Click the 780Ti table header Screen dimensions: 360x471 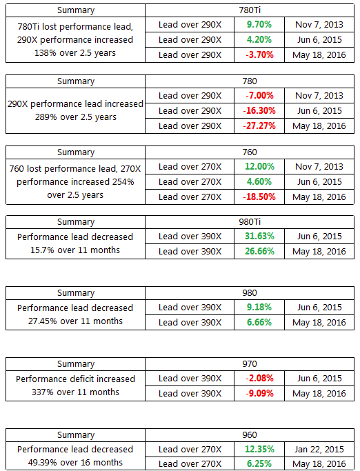click(250, 10)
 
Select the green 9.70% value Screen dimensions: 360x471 click(259, 25)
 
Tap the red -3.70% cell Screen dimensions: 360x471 click(259, 55)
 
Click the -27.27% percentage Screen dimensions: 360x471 click(259, 126)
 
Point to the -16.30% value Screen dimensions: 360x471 click(259, 111)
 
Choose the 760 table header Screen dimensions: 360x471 click(250, 152)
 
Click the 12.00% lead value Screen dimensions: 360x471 click(259, 167)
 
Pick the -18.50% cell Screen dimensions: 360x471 click(259, 197)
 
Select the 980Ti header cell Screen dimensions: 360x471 click(250, 222)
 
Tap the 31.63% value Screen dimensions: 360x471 click(259, 237)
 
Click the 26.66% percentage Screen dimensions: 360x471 click(259, 252)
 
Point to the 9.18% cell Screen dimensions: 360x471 click(259, 308)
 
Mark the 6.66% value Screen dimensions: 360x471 click(259, 322)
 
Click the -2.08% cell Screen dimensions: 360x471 click(259, 379)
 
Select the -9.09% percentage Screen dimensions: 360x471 click(259, 394)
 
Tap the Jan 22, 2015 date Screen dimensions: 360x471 click(319, 450)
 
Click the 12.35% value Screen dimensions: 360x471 click(259, 450)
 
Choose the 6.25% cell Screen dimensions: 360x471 click(259, 464)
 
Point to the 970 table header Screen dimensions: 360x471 click(250, 364)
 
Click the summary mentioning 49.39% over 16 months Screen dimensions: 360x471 click(75, 456)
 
